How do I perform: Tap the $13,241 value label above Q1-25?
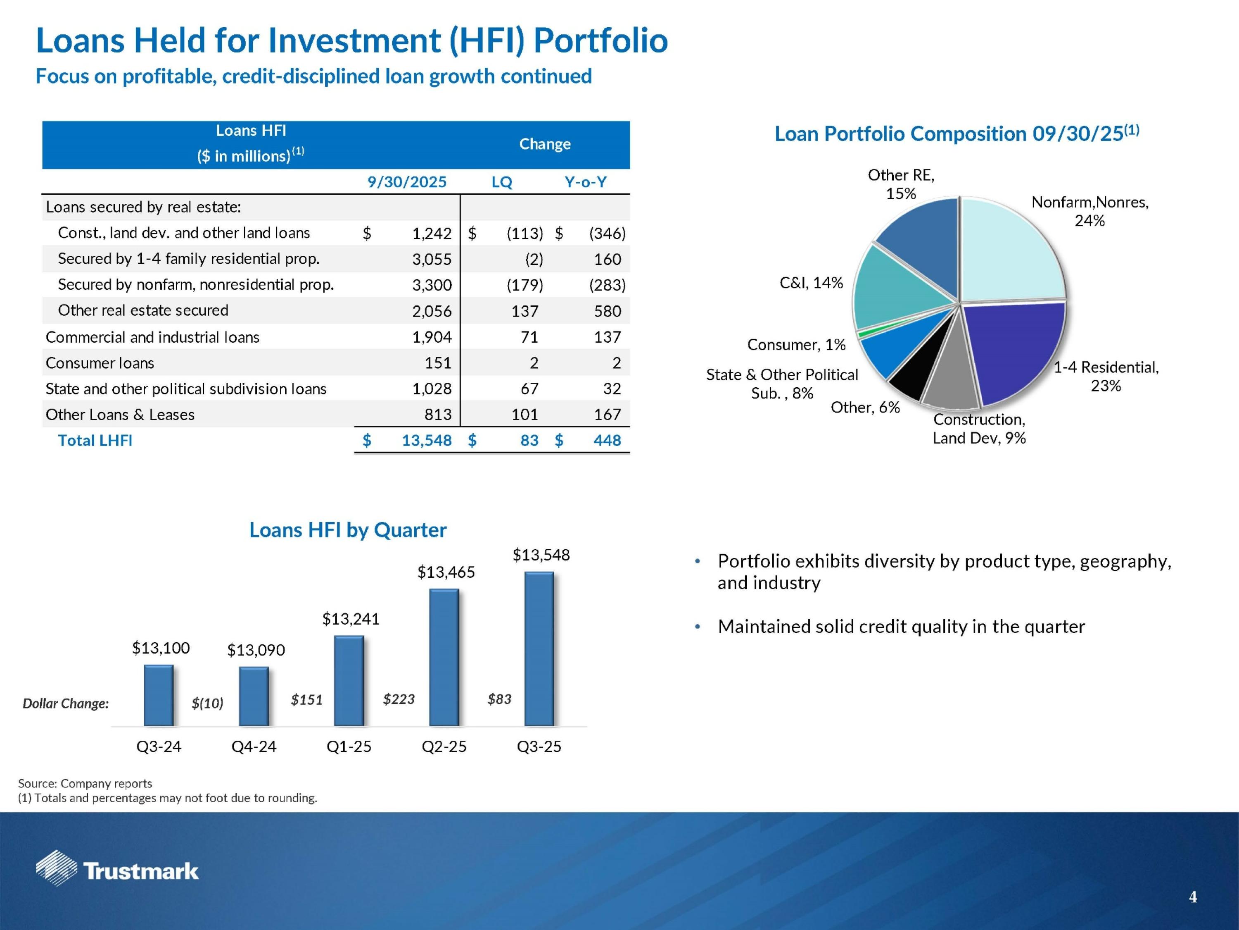[351, 619]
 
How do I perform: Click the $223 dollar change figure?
[399, 699]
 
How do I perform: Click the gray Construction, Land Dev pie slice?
[949, 381]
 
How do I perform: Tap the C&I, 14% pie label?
[811, 283]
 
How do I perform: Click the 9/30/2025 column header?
[407, 182]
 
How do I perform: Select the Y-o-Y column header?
[585, 182]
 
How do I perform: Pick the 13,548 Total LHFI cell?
[426, 441]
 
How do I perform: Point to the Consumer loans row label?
[100, 363]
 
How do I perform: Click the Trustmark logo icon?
[56, 868]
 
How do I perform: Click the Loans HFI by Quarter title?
[348, 530]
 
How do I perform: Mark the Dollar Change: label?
[66, 703]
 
